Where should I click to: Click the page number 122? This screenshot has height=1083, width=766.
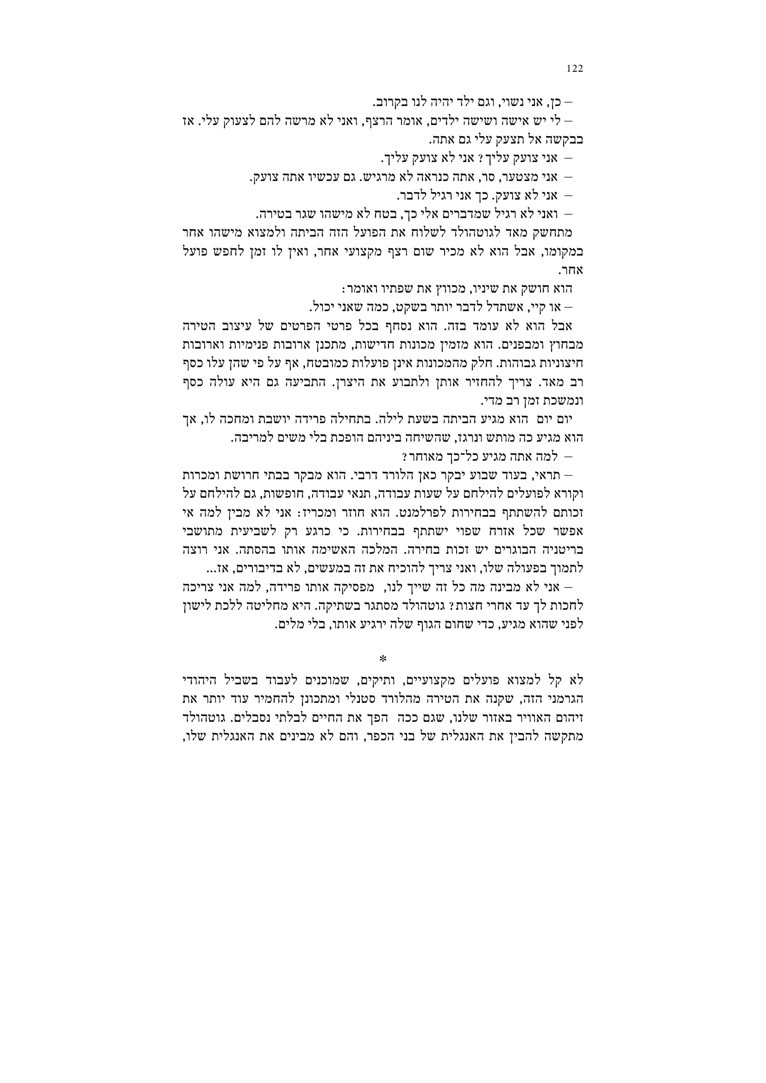[x=575, y=69]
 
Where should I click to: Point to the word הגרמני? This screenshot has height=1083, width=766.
[x=566, y=697]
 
